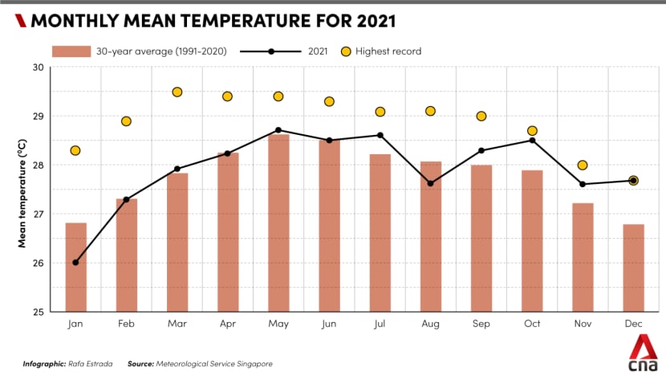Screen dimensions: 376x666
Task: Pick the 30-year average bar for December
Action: point(633,268)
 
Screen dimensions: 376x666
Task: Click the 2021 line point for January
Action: point(75,263)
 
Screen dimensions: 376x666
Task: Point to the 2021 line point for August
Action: point(431,183)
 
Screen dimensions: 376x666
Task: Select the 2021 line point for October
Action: point(532,141)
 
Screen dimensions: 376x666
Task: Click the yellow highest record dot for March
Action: point(177,92)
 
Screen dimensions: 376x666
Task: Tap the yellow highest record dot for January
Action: point(75,150)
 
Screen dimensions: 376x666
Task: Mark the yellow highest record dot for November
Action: point(583,166)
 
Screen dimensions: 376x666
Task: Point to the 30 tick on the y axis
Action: point(39,67)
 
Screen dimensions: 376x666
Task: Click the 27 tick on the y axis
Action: point(39,215)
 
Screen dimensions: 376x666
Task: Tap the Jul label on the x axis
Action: point(380,325)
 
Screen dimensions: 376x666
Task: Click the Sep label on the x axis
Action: point(481,325)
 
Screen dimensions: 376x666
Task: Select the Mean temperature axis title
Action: point(23,190)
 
